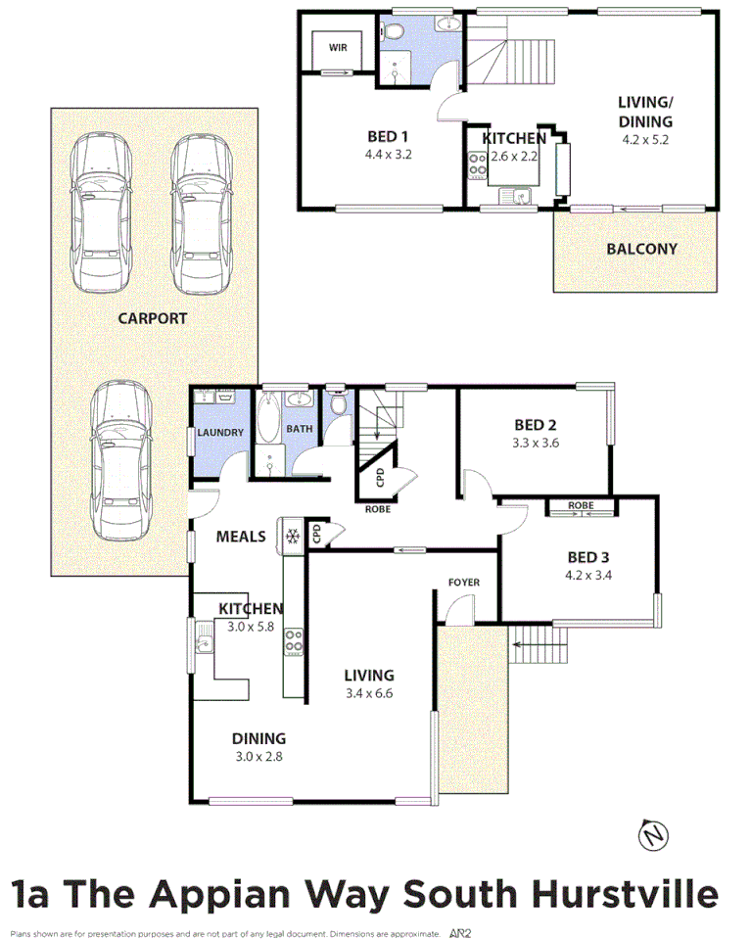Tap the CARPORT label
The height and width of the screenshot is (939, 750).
click(x=152, y=318)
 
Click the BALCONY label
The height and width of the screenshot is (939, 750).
click(x=641, y=249)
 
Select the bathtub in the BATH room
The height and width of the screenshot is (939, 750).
click(x=268, y=431)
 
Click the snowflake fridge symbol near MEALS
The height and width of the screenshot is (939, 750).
click(x=292, y=536)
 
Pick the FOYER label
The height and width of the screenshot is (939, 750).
click(x=464, y=583)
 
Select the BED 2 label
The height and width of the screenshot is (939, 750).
click(x=535, y=425)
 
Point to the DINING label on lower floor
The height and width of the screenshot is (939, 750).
click(x=258, y=738)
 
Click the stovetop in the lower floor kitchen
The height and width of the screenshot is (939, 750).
click(x=293, y=642)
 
